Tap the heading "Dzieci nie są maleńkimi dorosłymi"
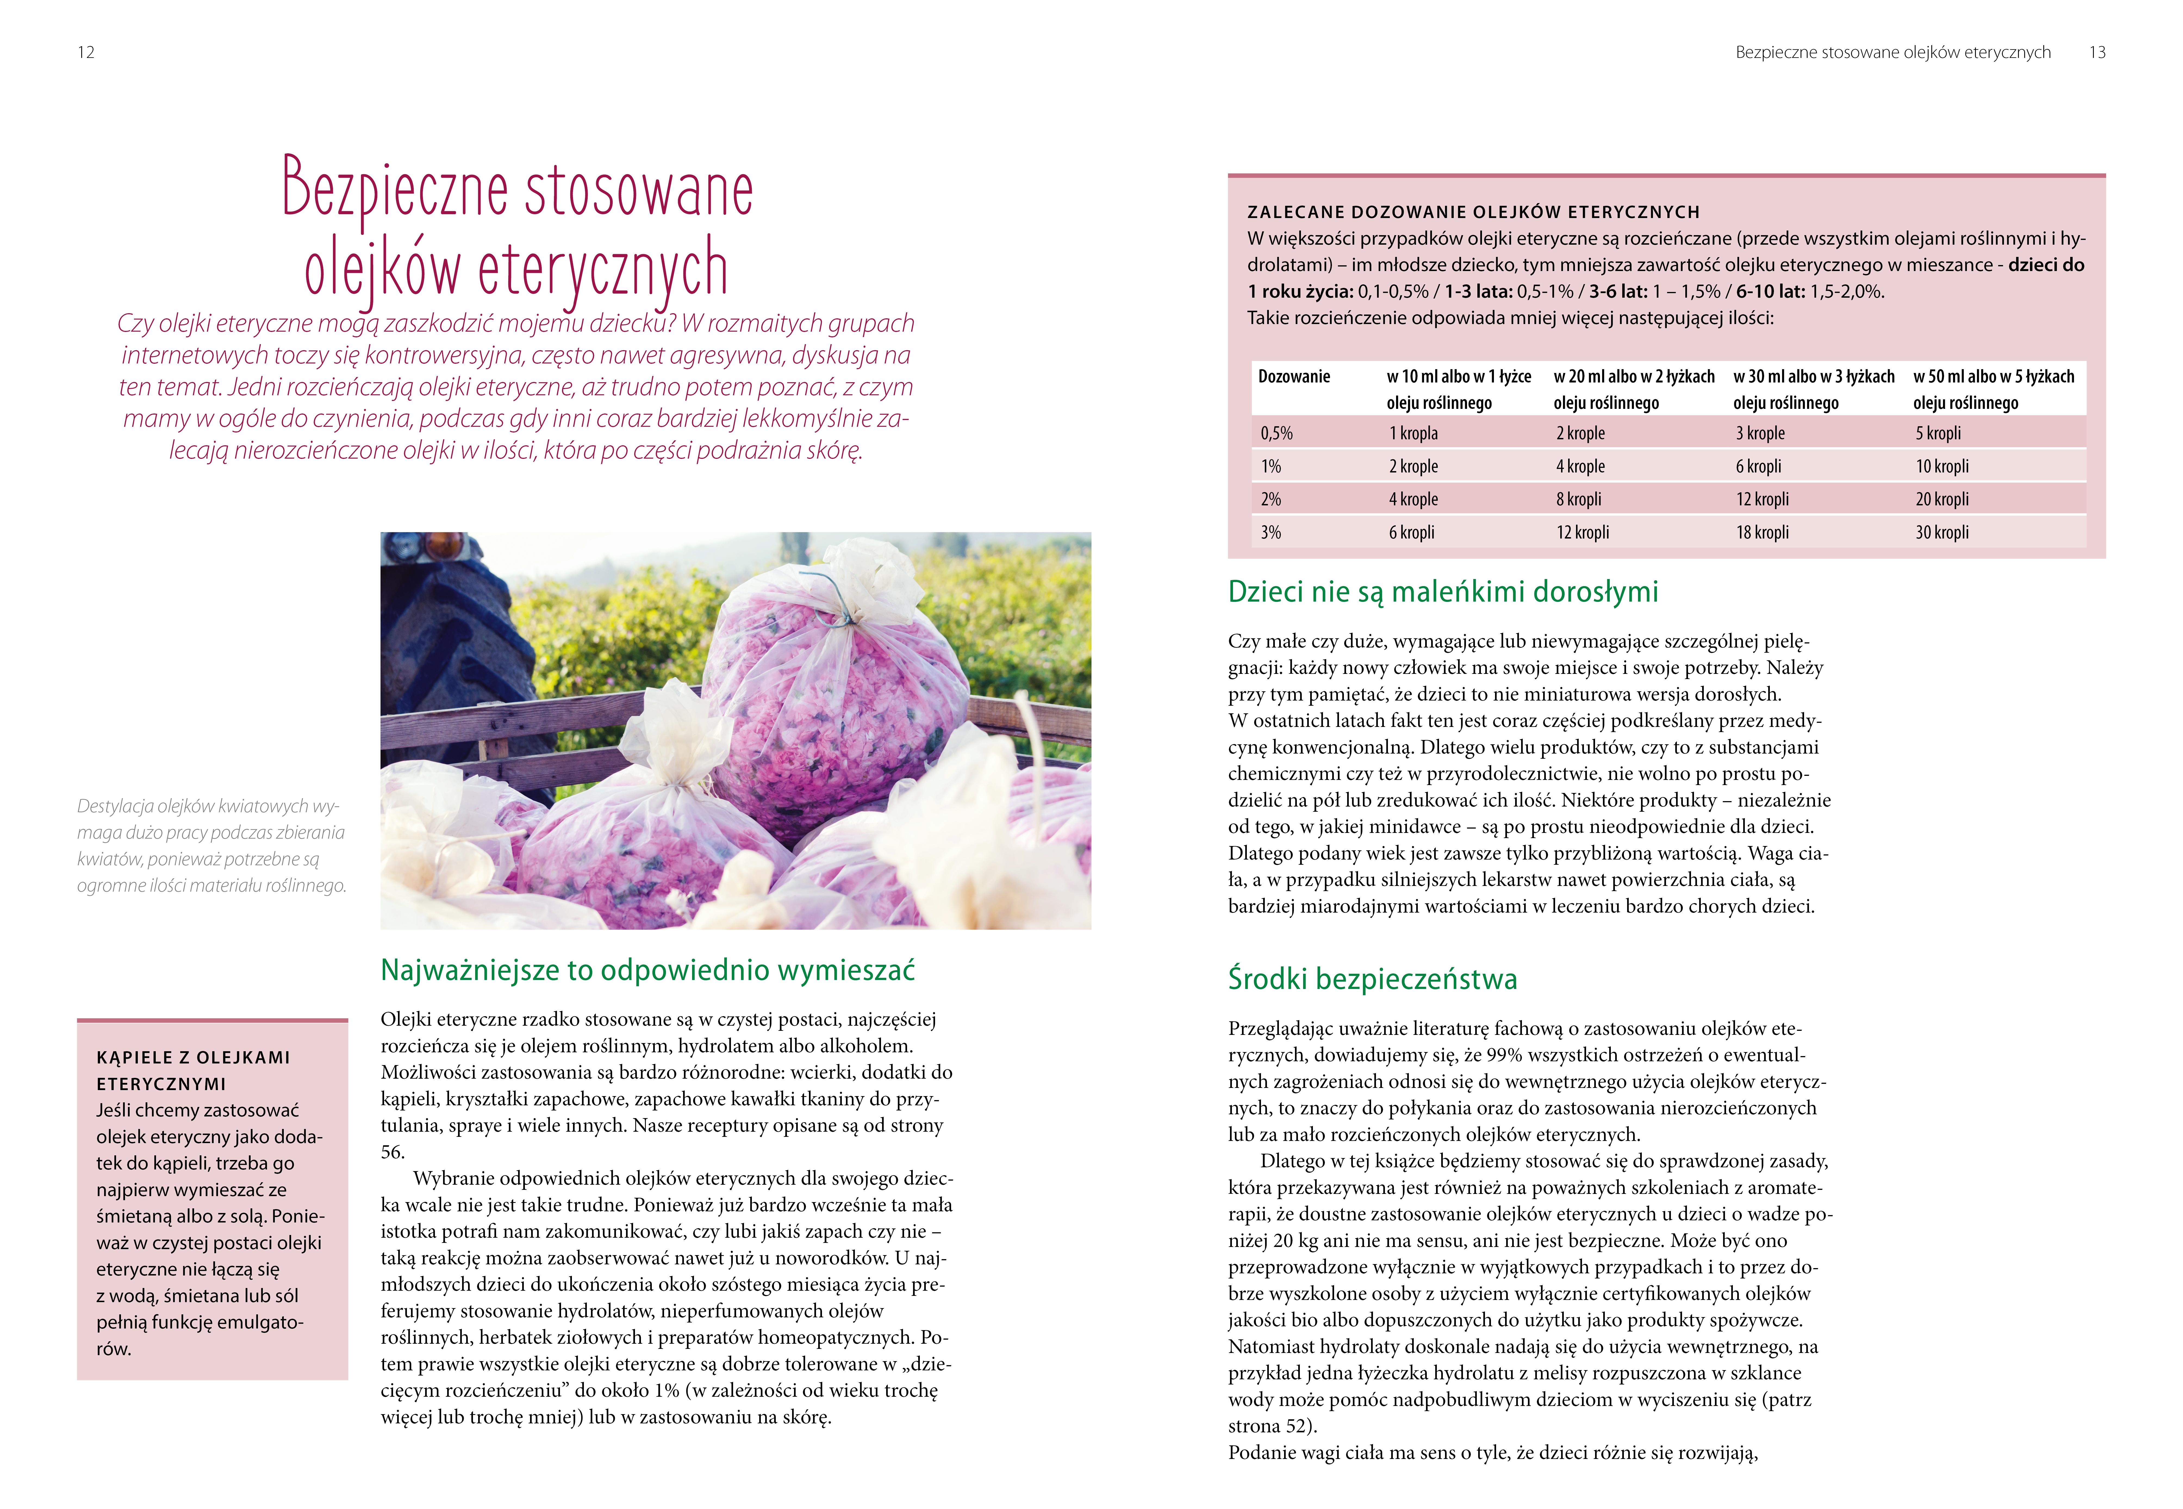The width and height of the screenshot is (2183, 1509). coord(1443,592)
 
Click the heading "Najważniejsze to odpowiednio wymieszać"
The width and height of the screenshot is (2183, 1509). coord(648,970)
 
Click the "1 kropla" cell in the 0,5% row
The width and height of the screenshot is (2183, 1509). coord(1412,433)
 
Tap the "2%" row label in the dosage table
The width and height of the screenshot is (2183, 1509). coord(1271,499)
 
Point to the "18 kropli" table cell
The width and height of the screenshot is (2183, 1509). coord(1762,532)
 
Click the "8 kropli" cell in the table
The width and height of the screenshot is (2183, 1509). coord(1579,499)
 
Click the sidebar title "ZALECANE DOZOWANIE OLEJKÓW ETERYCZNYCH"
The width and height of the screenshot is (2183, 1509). coord(1473,212)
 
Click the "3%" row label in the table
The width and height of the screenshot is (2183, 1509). coord(1271,532)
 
